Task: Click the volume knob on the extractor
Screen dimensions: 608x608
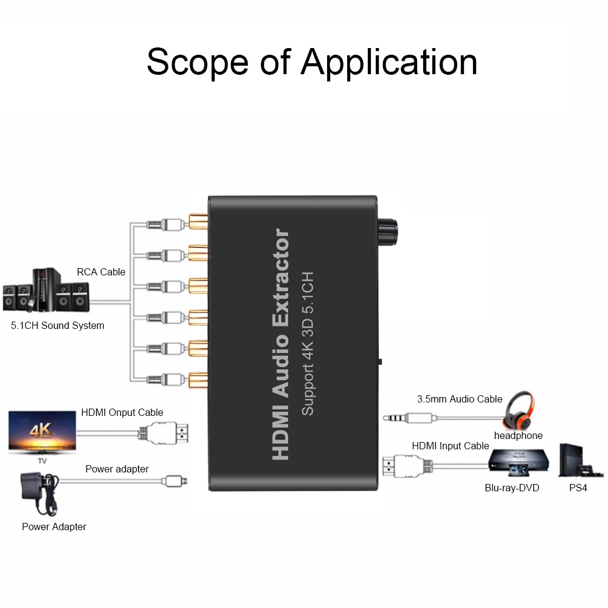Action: (x=387, y=232)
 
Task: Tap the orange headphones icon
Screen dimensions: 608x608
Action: (x=519, y=410)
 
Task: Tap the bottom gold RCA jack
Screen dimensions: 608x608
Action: (x=198, y=380)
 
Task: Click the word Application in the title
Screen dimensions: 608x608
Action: (x=389, y=62)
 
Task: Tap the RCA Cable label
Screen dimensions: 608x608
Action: (x=101, y=272)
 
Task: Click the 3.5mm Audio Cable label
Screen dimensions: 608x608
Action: (x=459, y=399)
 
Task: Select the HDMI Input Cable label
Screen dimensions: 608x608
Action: (x=450, y=446)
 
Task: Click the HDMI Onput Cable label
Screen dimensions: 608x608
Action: (x=122, y=412)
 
